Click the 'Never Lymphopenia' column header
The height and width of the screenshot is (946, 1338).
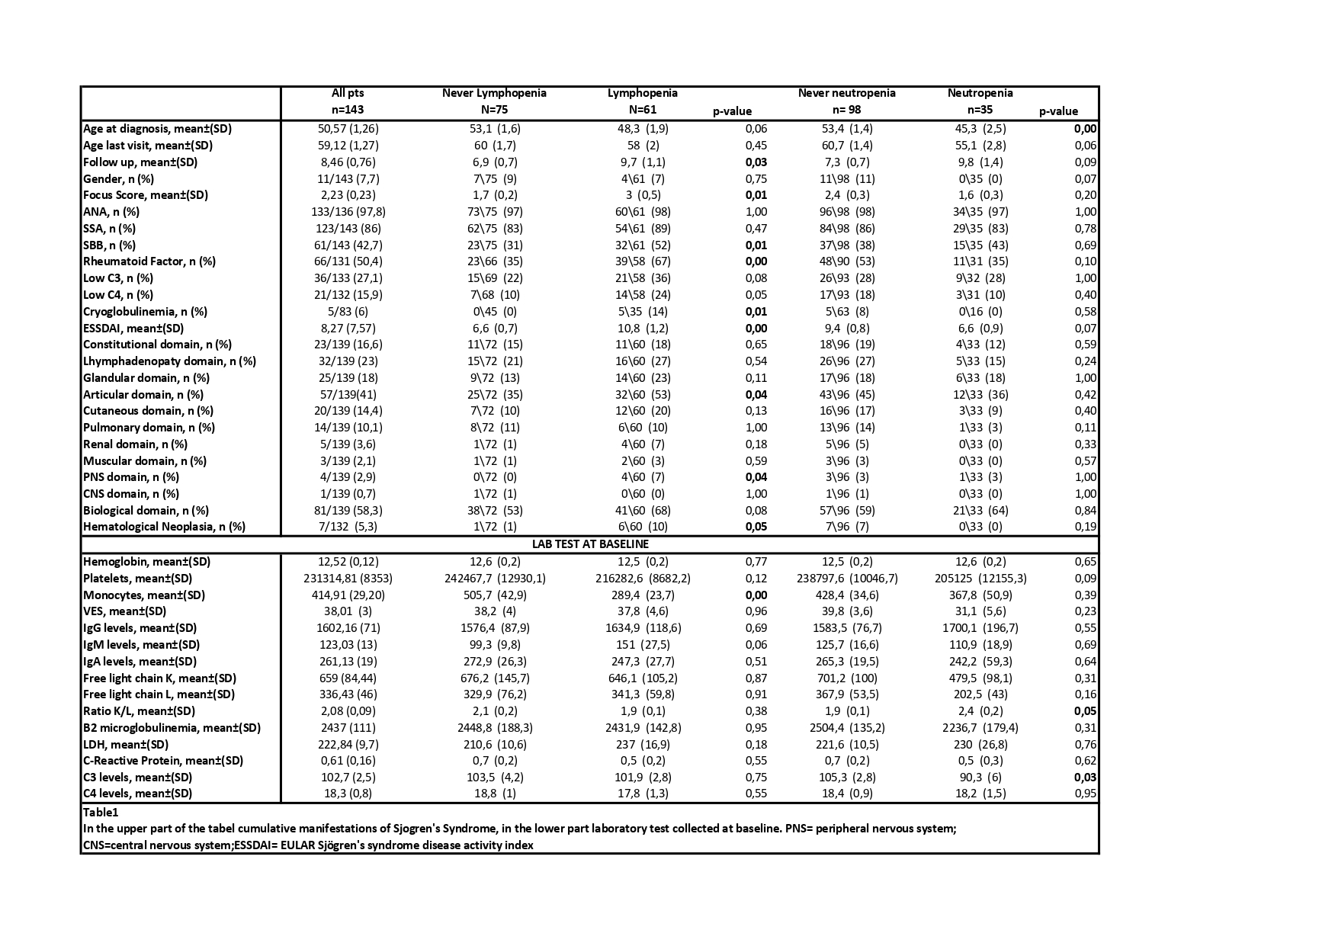(x=494, y=93)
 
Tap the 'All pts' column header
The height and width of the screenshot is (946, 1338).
(x=348, y=93)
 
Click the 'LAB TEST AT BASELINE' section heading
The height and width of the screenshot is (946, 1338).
(x=590, y=544)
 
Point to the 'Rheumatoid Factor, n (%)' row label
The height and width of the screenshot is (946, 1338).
(x=149, y=261)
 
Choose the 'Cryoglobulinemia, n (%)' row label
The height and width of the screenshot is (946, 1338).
(x=145, y=312)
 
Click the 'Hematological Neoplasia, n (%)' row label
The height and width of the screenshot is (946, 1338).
(x=164, y=527)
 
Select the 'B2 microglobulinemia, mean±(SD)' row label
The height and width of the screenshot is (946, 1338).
(x=172, y=728)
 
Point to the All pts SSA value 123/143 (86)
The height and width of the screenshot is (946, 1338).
(x=348, y=229)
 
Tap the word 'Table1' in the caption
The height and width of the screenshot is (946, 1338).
(x=101, y=813)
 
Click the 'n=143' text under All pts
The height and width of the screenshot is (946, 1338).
(x=348, y=111)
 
